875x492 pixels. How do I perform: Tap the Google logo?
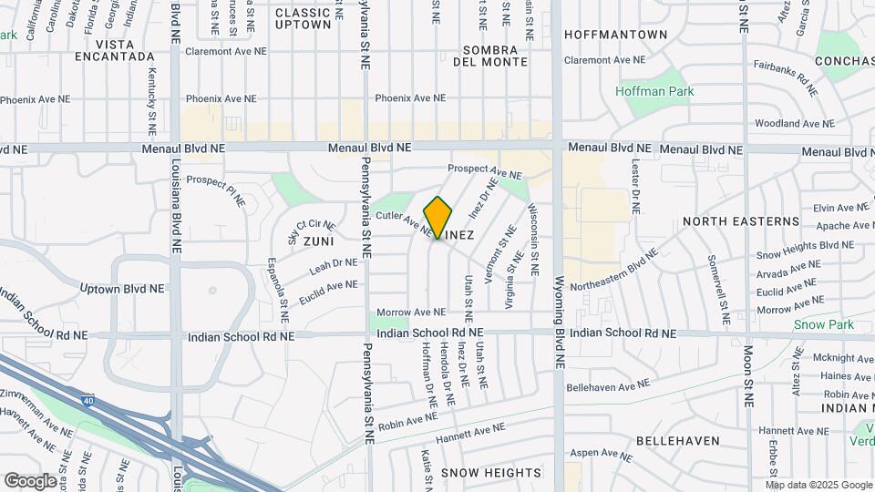(30, 480)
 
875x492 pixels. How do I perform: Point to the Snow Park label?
(823, 324)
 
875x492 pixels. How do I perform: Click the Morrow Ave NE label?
(411, 313)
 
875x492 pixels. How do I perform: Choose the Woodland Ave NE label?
(795, 123)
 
